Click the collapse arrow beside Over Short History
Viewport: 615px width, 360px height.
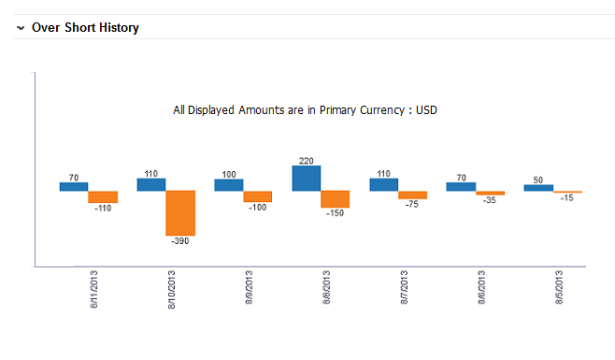[21, 28]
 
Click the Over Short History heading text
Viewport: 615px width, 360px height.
[85, 28]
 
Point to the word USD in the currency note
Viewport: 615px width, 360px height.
[426, 109]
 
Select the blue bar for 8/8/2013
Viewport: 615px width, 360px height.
[307, 179]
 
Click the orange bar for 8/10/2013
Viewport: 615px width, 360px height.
[180, 213]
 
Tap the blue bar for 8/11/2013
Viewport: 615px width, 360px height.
[74, 186]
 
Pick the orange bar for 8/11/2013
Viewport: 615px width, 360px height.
[103, 197]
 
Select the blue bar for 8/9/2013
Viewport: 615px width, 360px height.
[229, 185]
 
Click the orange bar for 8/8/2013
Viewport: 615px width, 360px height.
[335, 199]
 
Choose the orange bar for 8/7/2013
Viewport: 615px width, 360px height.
[412, 195]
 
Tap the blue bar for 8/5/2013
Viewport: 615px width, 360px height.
[538, 188]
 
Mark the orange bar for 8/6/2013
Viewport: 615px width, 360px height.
[490, 193]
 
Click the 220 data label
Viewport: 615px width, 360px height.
[306, 160]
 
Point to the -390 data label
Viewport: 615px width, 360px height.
[180, 241]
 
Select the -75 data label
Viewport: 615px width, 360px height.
[412, 205]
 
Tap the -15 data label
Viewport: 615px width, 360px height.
[567, 197]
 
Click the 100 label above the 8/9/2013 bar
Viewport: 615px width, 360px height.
[229, 174]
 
